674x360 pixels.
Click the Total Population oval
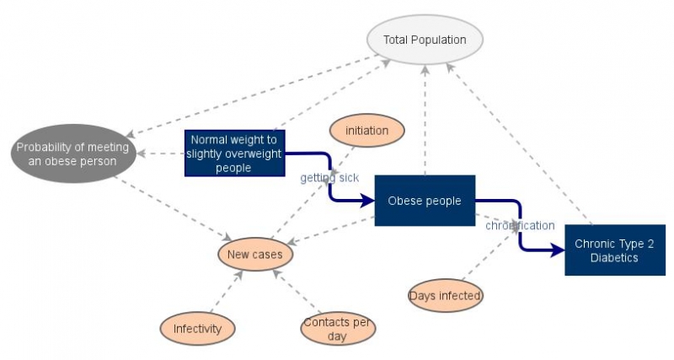pos(424,40)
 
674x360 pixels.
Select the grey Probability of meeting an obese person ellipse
pos(72,153)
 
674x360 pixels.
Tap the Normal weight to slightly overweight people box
pos(235,153)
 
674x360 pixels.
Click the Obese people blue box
pos(424,201)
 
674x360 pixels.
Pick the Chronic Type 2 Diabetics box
pos(614,250)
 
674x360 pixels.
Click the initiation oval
pos(366,131)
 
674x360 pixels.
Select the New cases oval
pos(255,254)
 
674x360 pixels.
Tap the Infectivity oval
pos(197,328)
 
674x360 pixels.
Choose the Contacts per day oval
pos(338,328)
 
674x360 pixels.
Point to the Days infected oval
pos(445,295)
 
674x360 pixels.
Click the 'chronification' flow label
pos(520,225)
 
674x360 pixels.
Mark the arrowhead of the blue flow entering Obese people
pos(367,201)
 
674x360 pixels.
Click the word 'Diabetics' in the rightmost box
pos(614,258)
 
